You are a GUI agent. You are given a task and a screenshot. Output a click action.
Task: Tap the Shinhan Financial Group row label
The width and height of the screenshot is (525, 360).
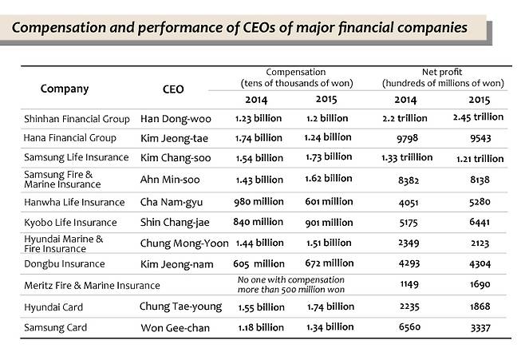(x=77, y=118)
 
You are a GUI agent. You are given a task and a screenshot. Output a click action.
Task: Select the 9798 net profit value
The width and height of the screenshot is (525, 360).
(x=407, y=137)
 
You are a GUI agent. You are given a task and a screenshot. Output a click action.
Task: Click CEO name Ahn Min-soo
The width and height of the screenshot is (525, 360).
(x=171, y=179)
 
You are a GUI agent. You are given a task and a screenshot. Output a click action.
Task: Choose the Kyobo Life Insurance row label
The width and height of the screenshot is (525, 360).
(x=70, y=222)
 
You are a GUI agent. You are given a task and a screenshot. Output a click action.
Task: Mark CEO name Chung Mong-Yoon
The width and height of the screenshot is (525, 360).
(x=184, y=243)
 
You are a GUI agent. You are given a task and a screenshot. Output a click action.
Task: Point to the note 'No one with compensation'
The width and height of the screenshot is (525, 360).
(x=290, y=279)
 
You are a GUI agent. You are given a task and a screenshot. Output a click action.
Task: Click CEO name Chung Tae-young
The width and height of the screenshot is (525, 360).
(x=180, y=306)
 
